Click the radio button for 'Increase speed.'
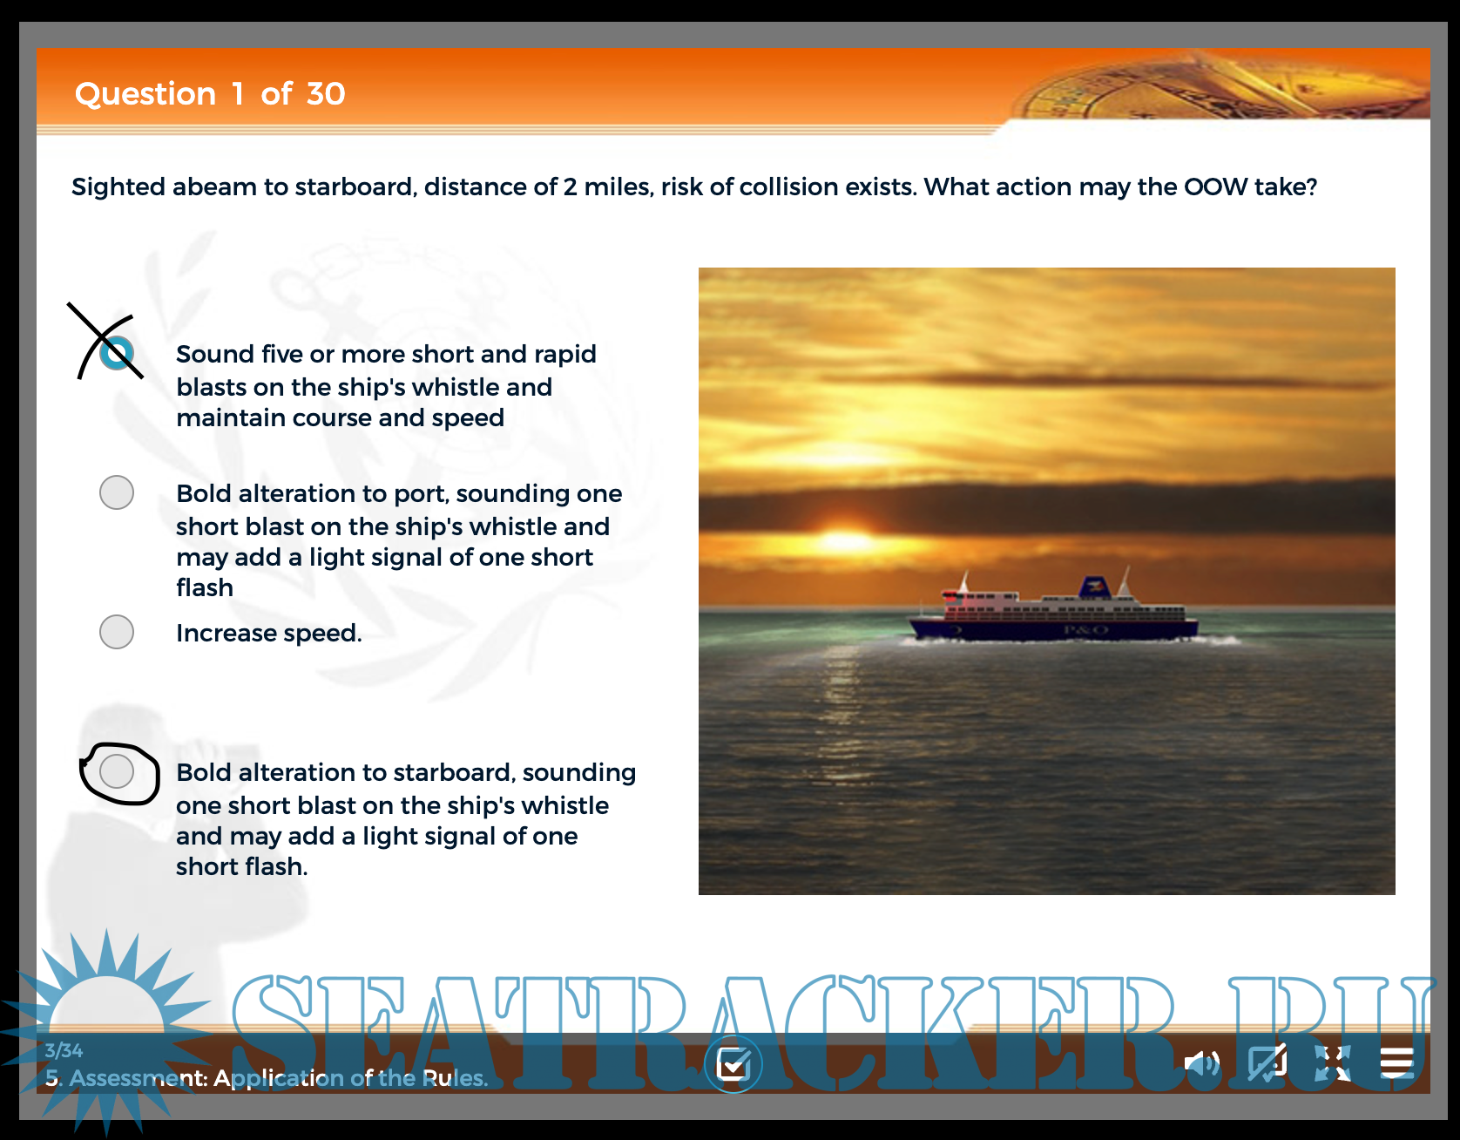[x=117, y=632]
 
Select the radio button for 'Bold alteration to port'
[x=117, y=492]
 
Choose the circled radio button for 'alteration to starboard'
[x=117, y=771]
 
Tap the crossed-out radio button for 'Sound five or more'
[x=117, y=353]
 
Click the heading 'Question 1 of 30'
[x=210, y=93]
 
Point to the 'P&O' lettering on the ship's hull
[x=1085, y=629]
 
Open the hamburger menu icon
[x=1396, y=1062]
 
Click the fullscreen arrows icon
[x=1332, y=1063]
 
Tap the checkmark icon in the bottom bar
[x=733, y=1064]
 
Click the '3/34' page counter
[x=64, y=1050]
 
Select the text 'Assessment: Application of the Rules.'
[x=279, y=1078]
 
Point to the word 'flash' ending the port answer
[x=205, y=587]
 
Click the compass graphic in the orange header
[x=1220, y=87]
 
